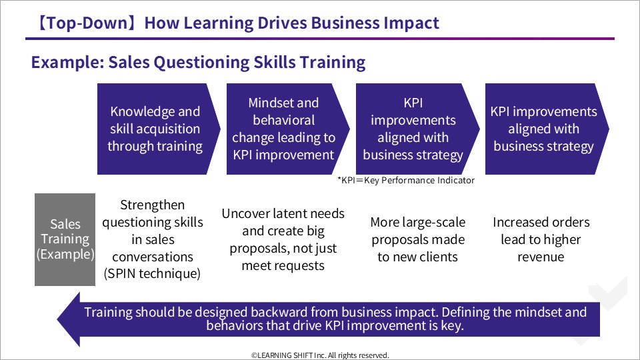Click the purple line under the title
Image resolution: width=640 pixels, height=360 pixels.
point(320,39)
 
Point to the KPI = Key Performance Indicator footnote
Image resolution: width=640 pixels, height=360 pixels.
point(406,181)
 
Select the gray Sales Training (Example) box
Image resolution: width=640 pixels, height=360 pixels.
point(65,239)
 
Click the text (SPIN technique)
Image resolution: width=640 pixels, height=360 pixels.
point(152,273)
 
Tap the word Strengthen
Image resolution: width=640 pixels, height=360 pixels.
point(152,205)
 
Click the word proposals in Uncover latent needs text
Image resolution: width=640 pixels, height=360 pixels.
point(257,249)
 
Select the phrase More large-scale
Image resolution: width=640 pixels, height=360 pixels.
point(418,223)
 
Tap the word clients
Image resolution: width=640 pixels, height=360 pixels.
point(437,257)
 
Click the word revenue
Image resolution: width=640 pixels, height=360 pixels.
point(541,257)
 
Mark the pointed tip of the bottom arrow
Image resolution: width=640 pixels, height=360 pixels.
point(58,319)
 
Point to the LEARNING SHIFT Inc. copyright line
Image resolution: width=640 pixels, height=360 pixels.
point(321,355)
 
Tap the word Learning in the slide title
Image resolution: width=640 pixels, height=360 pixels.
point(219,23)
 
